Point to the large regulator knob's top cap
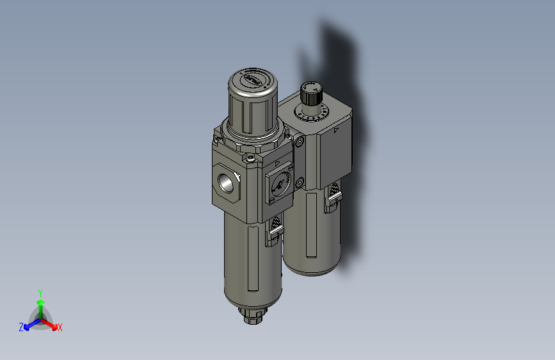pos(252,81)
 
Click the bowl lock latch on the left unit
pos(273,230)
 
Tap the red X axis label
pos(60,328)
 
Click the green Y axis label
pos(40,292)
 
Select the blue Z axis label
pos(21,327)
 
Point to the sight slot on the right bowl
pos(310,224)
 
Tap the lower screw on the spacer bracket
pos(299,184)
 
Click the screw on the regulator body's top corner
pos(251,157)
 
